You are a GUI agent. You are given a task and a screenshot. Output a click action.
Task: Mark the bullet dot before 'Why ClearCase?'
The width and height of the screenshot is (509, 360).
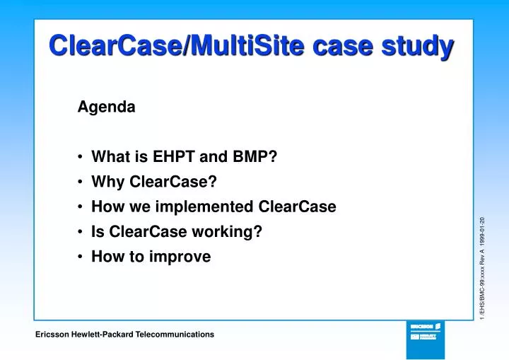point(82,182)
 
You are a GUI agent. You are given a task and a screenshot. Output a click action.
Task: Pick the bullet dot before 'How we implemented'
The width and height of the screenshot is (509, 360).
point(82,207)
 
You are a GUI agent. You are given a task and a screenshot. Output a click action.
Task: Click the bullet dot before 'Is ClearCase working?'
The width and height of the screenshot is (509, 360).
point(82,232)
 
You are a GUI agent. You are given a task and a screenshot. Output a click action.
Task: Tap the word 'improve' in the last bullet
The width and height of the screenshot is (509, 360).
point(185,257)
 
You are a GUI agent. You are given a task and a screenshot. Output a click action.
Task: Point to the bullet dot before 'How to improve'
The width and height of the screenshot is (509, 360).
point(82,257)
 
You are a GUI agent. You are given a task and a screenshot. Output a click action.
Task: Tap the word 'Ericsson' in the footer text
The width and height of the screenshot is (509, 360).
point(52,334)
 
